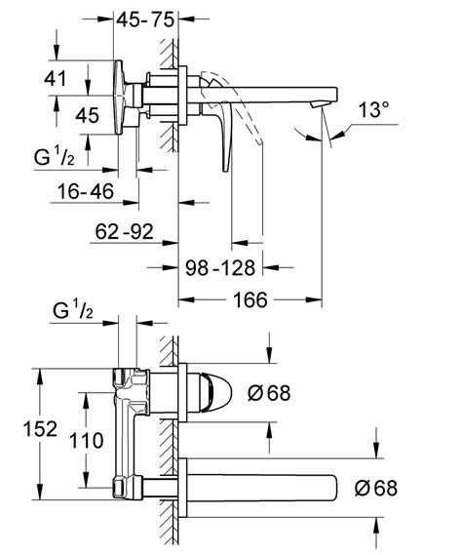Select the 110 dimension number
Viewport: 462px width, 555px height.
[x=87, y=441]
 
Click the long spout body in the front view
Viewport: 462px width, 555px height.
[x=263, y=486]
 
